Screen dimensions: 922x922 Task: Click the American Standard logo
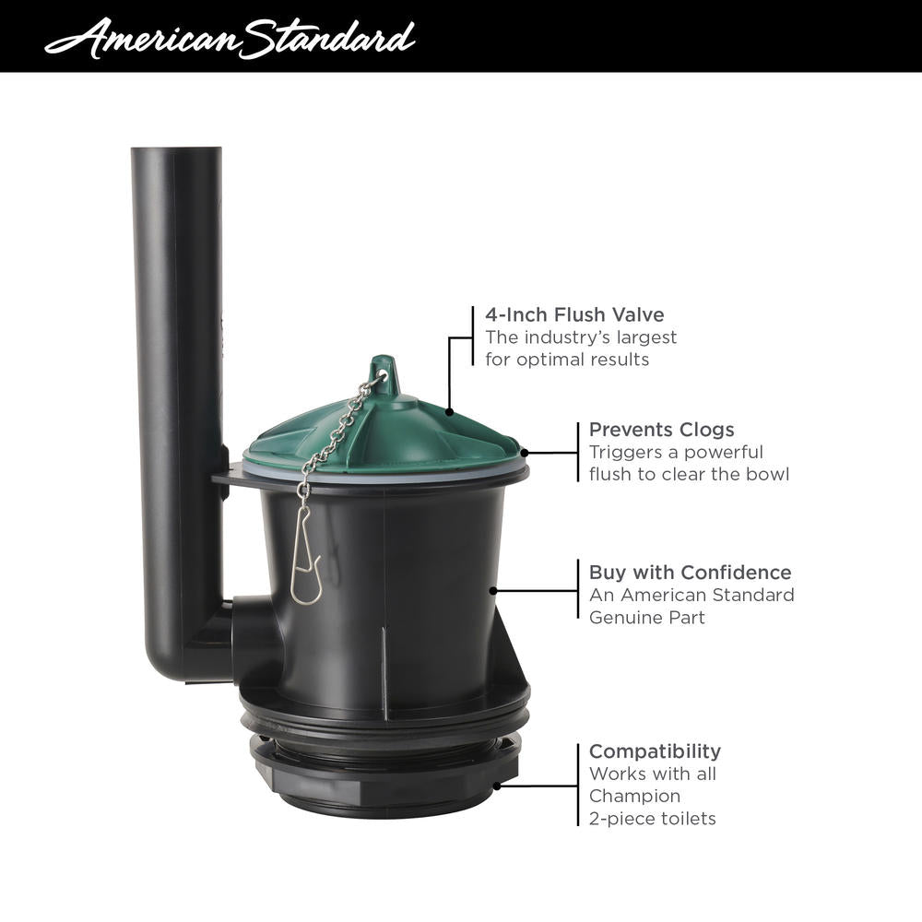229,37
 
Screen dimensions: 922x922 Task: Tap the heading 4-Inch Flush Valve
574,314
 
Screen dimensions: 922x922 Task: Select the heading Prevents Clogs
661,430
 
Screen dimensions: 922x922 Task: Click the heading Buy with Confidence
690,573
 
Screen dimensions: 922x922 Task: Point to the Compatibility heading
655,751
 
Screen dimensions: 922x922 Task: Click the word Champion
634,796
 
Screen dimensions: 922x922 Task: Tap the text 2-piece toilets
652,818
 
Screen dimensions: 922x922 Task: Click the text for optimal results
567,360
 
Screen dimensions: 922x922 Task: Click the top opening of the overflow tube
176,150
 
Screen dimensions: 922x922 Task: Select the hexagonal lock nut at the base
387,784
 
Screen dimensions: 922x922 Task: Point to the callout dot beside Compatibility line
499,786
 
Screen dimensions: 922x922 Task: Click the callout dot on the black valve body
494,590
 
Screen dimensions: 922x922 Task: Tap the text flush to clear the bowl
689,475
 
